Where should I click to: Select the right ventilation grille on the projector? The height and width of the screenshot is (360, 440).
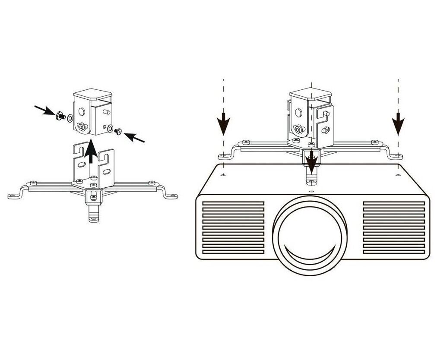click(x=393, y=227)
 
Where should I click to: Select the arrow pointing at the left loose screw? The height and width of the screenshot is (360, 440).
click(x=45, y=111)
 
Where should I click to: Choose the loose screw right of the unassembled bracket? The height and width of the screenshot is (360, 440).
click(x=118, y=130)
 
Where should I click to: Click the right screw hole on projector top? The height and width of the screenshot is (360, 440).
click(x=397, y=174)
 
